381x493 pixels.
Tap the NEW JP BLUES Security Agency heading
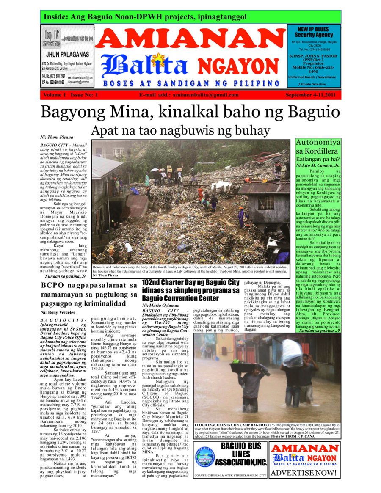point(314,32)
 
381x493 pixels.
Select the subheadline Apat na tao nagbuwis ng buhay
point(180,129)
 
